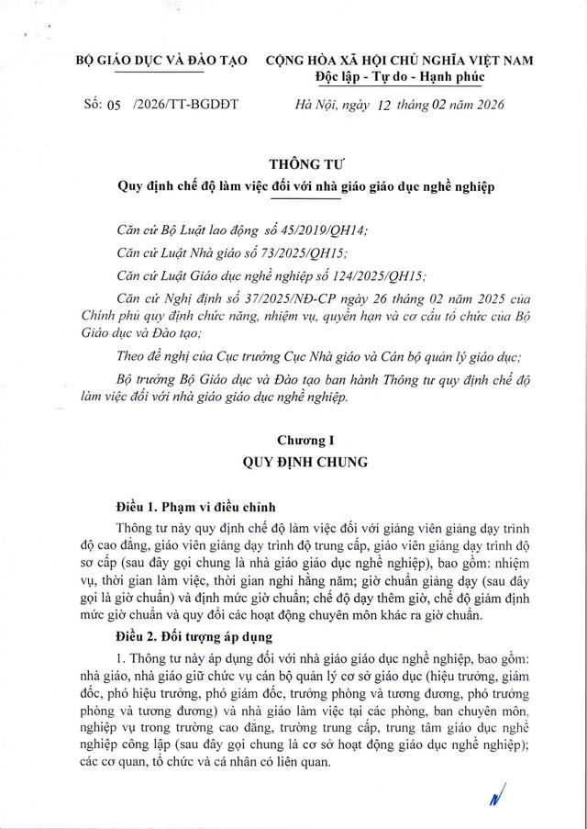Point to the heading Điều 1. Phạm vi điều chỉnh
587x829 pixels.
[195, 508]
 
